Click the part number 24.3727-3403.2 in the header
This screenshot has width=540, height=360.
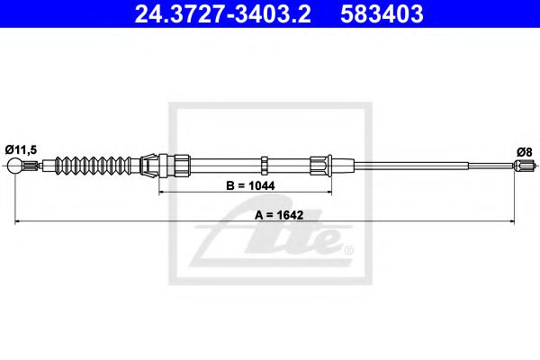click(x=223, y=13)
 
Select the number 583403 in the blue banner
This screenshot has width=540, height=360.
click(x=382, y=13)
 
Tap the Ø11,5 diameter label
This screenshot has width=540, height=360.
click(x=21, y=150)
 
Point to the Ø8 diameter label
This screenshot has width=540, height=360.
click(x=524, y=151)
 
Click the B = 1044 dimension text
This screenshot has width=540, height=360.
click(x=250, y=185)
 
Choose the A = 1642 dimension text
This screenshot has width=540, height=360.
click(x=279, y=215)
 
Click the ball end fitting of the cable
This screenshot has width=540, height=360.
click(x=14, y=166)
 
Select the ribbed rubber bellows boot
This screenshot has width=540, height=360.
click(x=93, y=166)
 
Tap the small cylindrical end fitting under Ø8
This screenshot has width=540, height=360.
click(x=524, y=165)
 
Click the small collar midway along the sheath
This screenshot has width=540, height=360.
click(x=264, y=165)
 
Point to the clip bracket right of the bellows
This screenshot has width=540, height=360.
click(x=148, y=166)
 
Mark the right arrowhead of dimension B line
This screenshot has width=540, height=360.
click(x=328, y=193)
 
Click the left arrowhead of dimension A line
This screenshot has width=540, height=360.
click(x=18, y=221)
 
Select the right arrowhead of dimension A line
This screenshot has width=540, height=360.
click(x=511, y=221)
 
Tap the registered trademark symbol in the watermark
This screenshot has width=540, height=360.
click(x=348, y=249)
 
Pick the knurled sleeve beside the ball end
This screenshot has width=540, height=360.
click(x=30, y=166)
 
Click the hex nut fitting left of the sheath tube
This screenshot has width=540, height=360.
click(x=182, y=166)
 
